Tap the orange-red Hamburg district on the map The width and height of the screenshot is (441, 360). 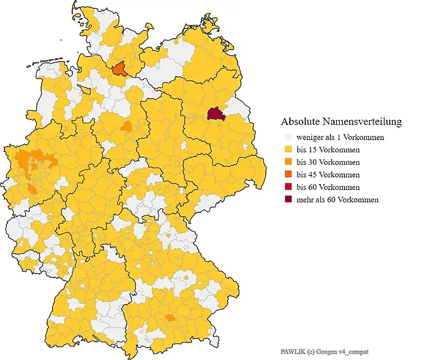point(120,69)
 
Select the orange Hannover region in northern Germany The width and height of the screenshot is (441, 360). point(126,126)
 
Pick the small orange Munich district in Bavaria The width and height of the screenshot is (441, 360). point(171,318)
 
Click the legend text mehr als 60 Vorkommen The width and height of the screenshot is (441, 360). point(337,199)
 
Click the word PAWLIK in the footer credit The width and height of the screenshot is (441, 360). point(292,351)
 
